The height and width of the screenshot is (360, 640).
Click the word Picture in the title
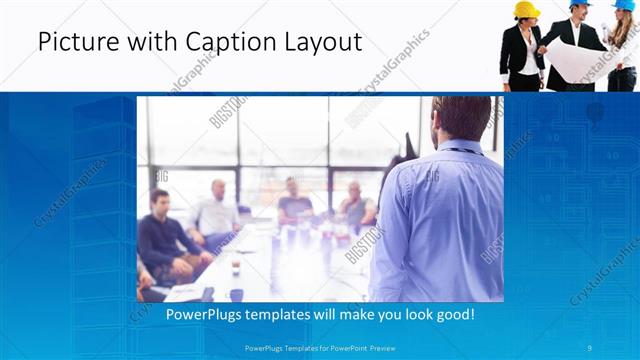(x=73, y=42)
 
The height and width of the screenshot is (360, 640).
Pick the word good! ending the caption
(x=454, y=314)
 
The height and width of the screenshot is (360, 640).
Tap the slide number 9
(x=590, y=347)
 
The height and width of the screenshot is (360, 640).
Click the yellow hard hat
(x=526, y=9)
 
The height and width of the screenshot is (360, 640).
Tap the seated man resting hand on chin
(x=294, y=199)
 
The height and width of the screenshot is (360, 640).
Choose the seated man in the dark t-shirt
(x=356, y=205)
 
